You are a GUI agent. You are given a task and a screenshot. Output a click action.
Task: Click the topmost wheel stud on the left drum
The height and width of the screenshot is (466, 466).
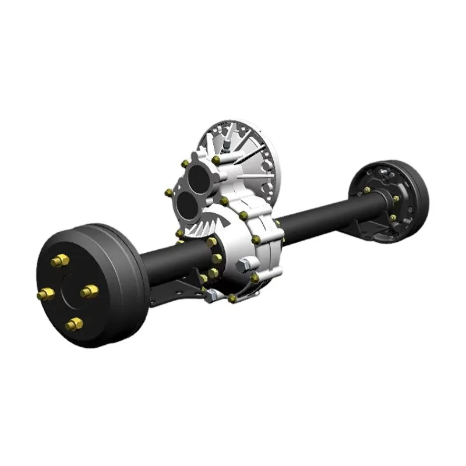(60, 260)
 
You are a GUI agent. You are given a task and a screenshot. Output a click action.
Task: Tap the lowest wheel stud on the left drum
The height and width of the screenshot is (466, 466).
(74, 324)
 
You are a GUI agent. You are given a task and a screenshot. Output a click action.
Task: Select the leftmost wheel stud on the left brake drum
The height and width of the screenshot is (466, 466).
(45, 294)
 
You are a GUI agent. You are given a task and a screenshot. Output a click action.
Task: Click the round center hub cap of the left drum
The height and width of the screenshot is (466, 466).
(69, 291)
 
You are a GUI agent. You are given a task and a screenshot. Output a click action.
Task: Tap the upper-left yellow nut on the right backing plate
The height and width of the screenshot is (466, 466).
(366, 190)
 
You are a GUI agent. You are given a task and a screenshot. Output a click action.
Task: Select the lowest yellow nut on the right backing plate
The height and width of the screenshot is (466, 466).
(393, 218)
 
